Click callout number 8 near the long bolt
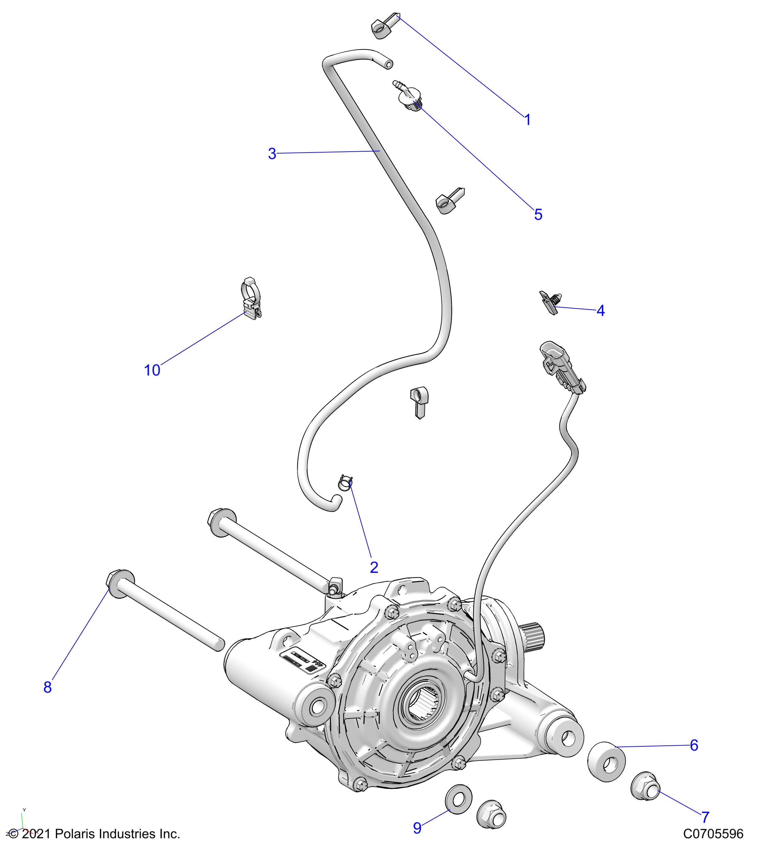48,687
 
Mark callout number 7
705,817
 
